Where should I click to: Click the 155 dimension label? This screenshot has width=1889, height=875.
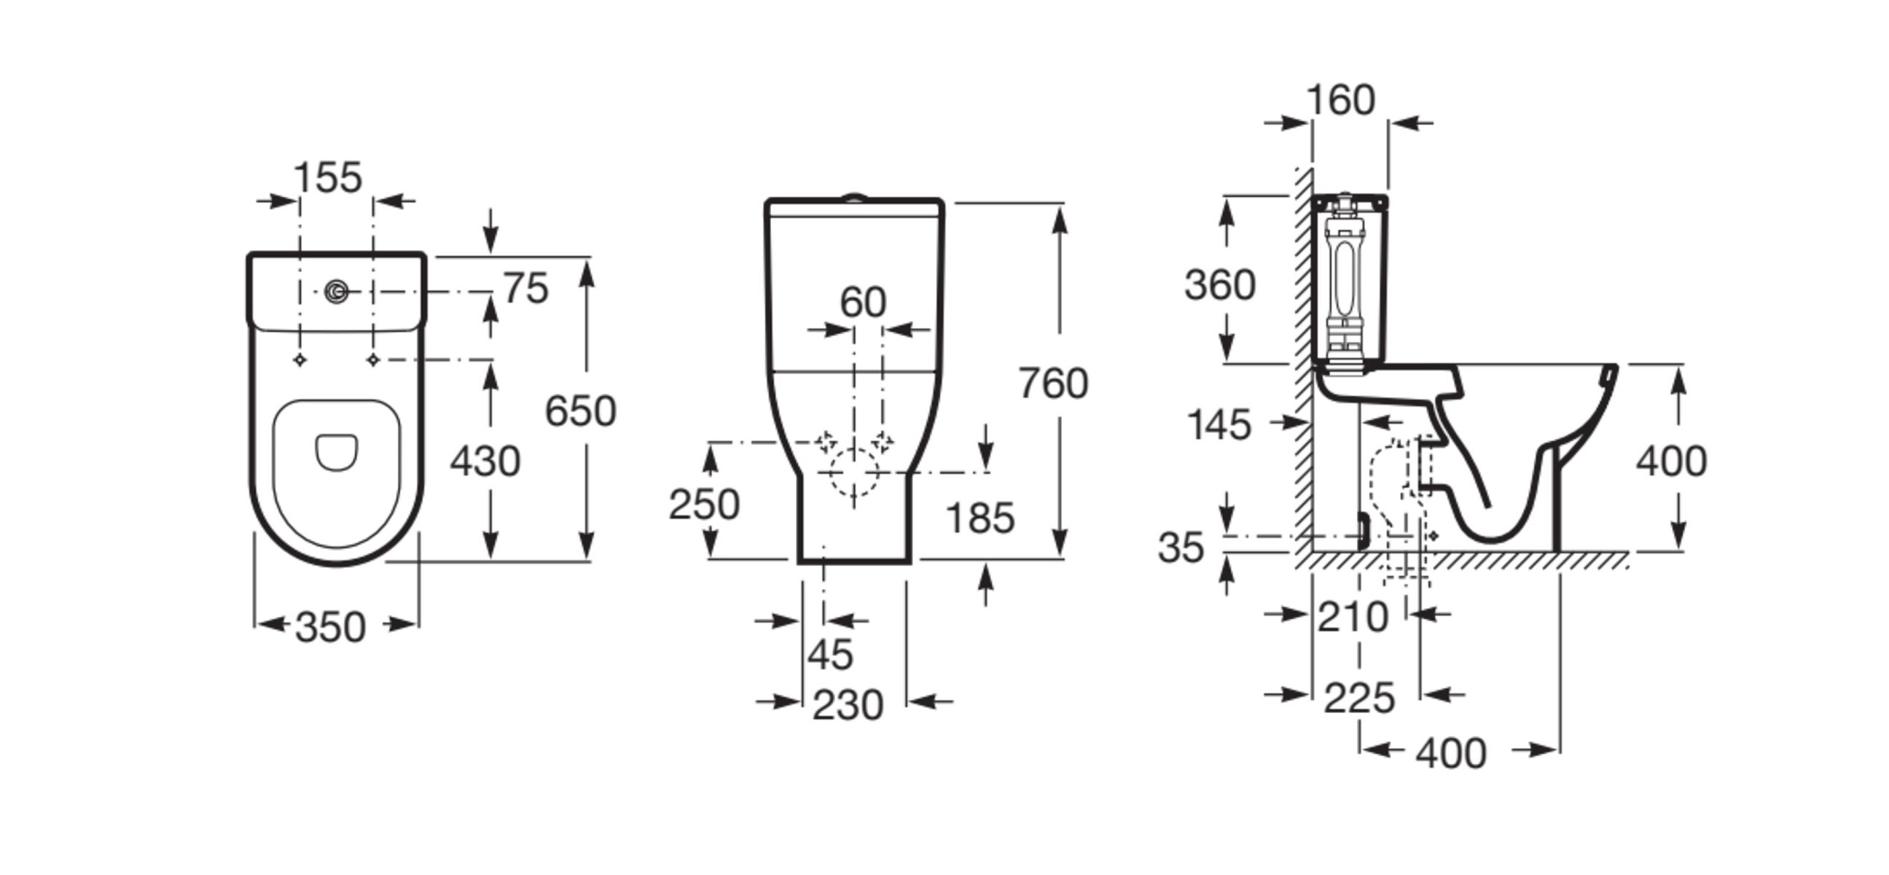click(328, 177)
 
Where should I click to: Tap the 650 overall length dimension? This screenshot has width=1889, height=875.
click(580, 411)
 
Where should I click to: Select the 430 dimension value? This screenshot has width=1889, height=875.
click(485, 462)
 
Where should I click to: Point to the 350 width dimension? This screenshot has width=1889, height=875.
click(330, 627)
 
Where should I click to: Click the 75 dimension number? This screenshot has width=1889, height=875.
click(525, 288)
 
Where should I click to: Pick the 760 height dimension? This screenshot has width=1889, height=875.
click(1053, 384)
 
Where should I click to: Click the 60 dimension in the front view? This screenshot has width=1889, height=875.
click(863, 302)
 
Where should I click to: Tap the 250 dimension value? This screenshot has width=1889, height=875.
click(704, 505)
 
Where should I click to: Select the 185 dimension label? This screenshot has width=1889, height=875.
click(980, 518)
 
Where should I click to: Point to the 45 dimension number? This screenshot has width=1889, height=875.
click(831, 654)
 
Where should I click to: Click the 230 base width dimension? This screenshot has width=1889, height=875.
click(848, 706)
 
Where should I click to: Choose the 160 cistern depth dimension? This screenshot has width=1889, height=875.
click(1341, 100)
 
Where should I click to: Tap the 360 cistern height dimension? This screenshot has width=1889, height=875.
click(1220, 284)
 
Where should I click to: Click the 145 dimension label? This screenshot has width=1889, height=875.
click(1219, 424)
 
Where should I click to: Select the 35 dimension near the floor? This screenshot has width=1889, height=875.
click(1181, 547)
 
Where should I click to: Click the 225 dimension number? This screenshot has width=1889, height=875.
click(1359, 699)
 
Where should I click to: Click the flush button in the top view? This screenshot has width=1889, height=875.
click(337, 292)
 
